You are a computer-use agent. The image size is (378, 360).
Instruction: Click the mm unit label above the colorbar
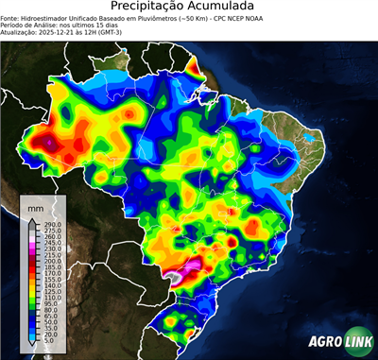click(x=36, y=206)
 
